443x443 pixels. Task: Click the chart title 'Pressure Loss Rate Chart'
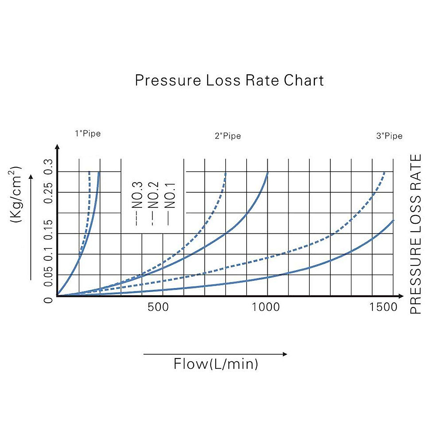pyautogui.click(x=229, y=80)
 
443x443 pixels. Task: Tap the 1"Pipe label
pyautogui.click(x=88, y=133)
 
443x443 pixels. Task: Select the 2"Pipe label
pyautogui.click(x=228, y=136)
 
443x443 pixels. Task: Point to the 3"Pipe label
pyautogui.click(x=389, y=136)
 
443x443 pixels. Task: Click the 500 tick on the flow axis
pyautogui.click(x=158, y=307)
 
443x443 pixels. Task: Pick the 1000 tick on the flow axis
pyautogui.click(x=266, y=307)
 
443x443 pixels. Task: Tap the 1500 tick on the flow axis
pyautogui.click(x=384, y=307)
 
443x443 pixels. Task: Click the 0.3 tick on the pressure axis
pyautogui.click(x=48, y=167)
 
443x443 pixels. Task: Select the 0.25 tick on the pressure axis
pyautogui.click(x=48, y=191)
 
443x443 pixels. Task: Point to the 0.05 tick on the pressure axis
pyautogui.click(x=48, y=275)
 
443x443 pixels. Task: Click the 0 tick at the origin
pyautogui.click(x=48, y=299)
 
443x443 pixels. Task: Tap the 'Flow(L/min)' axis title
pyautogui.click(x=216, y=364)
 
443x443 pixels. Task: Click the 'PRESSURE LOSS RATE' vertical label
pyautogui.click(x=416, y=234)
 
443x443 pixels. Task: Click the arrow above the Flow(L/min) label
pyautogui.click(x=215, y=354)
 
